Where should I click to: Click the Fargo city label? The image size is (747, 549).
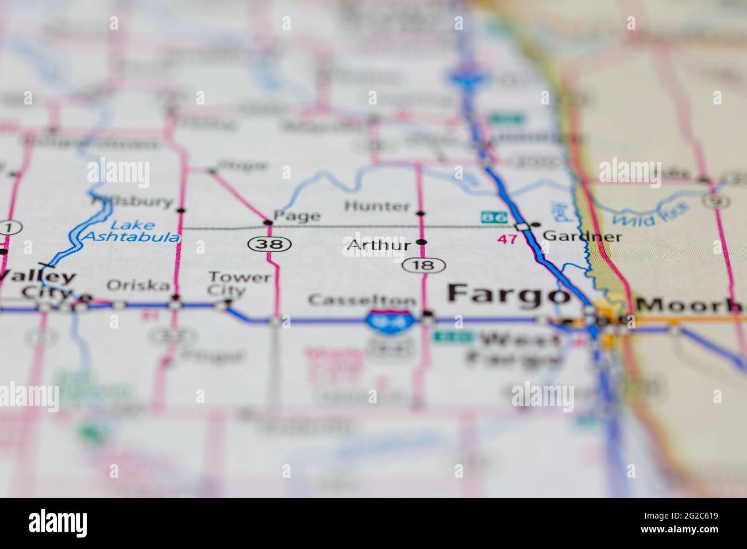pyautogui.click(x=506, y=293)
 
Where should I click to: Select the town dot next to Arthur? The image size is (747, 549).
pyautogui.click(x=422, y=242)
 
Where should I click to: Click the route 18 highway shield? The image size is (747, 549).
pyautogui.click(x=423, y=265)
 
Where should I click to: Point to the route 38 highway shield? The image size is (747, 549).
pyautogui.click(x=269, y=244)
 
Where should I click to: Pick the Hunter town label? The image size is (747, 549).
pyautogui.click(x=378, y=206)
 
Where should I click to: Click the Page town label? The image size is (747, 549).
pyautogui.click(x=297, y=216)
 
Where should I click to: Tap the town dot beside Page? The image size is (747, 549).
pyautogui.click(x=267, y=222)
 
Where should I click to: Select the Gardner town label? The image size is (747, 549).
pyautogui.click(x=582, y=236)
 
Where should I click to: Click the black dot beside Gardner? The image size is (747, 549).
pyautogui.click(x=537, y=224)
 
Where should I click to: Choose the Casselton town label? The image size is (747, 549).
pyautogui.click(x=362, y=300)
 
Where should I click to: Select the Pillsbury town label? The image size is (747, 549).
pyautogui.click(x=132, y=202)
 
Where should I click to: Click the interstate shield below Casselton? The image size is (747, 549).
pyautogui.click(x=382, y=319)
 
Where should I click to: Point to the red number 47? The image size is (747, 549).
pyautogui.click(x=507, y=239)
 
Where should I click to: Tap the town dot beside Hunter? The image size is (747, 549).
pyautogui.click(x=421, y=214)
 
